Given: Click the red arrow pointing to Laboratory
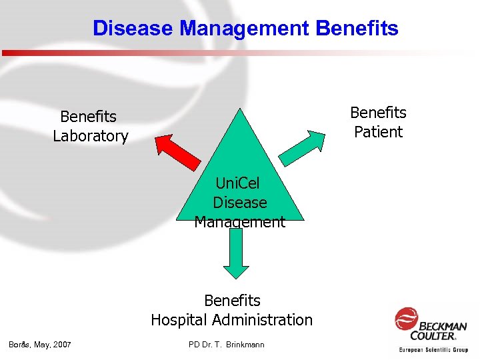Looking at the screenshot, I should pyautogui.click(x=177, y=153).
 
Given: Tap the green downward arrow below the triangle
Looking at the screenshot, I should pyautogui.click(x=235, y=253).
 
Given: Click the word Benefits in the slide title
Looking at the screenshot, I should pyautogui.click(x=357, y=29).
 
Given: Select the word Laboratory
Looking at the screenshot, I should pyautogui.click(x=91, y=137).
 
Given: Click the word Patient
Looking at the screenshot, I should pyautogui.click(x=378, y=132).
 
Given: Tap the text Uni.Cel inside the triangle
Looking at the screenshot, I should pyautogui.click(x=238, y=183).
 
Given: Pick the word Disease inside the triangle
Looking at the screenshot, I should pyautogui.click(x=240, y=203).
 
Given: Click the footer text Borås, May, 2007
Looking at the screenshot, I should pyautogui.click(x=39, y=345).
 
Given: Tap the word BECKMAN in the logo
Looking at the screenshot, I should pyautogui.click(x=443, y=326).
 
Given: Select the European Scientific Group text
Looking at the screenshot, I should pyautogui.click(x=433, y=349).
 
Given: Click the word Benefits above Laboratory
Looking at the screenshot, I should pyautogui.click(x=88, y=117).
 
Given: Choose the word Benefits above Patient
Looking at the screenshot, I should pyautogui.click(x=378, y=113).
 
